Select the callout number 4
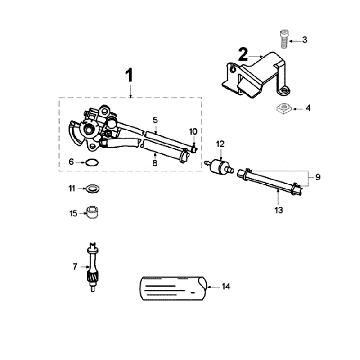pyautogui.click(x=307, y=107)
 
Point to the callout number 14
pyautogui.click(x=225, y=287)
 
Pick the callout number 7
pyautogui.click(x=75, y=267)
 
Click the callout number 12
pyautogui.click(x=221, y=144)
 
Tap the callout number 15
pyautogui.click(x=73, y=212)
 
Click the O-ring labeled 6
pyautogui.click(x=90, y=159)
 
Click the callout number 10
pyautogui.click(x=193, y=132)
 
